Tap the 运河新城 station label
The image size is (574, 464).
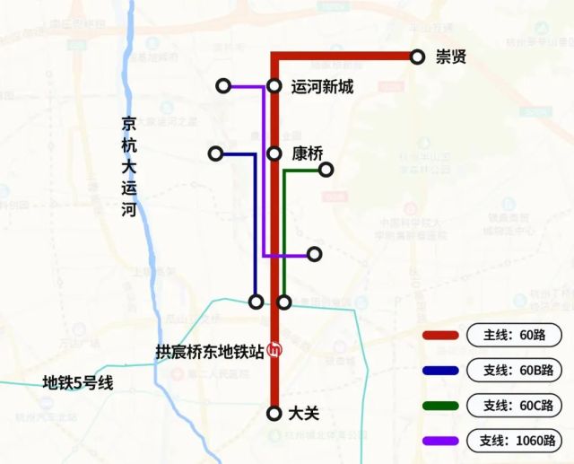322,87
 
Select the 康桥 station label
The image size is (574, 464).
308,153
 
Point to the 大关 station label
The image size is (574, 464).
305,414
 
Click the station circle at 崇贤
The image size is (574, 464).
417,57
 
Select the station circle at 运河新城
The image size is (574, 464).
275,87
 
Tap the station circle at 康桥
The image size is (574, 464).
275,153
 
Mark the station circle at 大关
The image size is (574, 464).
275,414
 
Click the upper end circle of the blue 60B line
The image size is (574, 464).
215,153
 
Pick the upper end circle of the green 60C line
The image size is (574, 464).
326,170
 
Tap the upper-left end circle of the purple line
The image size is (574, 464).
223,87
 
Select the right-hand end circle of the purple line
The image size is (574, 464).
314,255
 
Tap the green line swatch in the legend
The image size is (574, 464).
440,406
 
